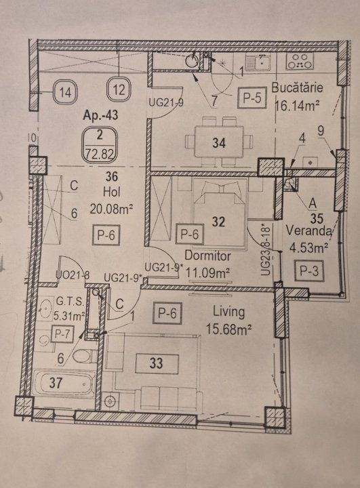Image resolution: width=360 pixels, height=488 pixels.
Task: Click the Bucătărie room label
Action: pos(297,87)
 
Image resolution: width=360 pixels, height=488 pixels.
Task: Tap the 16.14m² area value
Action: pos(298,106)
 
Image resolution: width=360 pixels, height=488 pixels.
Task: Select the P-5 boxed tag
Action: pos(252,98)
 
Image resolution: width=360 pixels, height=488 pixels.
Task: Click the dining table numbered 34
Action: pos(219,142)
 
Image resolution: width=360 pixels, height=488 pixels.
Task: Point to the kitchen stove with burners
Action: pos(300,61)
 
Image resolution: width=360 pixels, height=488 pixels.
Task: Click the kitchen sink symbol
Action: pos(258,62)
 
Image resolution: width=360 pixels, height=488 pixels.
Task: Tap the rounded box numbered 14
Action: pos(65,91)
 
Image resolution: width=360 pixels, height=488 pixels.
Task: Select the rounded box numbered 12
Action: pos(119,89)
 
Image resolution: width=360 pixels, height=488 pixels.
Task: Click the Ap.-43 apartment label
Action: pos(100,115)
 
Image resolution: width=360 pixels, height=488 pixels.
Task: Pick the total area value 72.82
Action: pos(100,153)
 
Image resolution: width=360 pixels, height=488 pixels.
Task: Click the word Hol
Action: pos(112,192)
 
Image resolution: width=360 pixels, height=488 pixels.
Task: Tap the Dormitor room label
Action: pos(207,256)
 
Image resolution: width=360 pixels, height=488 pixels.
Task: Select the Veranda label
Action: pos(308,231)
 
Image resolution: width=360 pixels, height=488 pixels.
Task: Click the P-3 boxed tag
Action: pos(309,270)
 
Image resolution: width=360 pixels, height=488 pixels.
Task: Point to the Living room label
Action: pos(228,311)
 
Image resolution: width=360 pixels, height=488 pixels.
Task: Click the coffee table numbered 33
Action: pos(157,363)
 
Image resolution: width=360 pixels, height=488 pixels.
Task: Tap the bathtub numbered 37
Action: pos(64,384)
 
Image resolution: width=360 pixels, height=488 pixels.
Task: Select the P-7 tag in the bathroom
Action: pos(62,334)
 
